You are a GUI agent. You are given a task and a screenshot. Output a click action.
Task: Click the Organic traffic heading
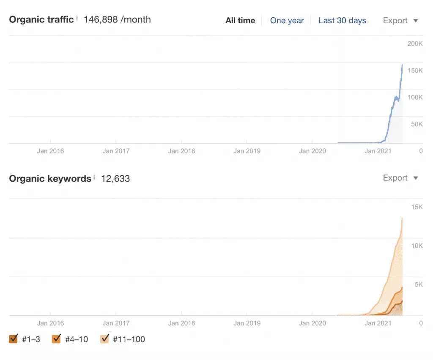coord(41,19)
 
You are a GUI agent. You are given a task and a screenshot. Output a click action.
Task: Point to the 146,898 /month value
coord(117,19)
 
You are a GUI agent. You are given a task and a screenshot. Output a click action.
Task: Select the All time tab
coord(240,20)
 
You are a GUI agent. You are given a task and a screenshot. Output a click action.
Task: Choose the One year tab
coord(287,20)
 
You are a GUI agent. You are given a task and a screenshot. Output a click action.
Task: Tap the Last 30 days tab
coord(342,20)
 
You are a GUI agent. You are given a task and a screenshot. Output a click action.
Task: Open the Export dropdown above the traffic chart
coord(400,20)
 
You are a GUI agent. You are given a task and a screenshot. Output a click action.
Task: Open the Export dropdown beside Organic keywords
coord(400,178)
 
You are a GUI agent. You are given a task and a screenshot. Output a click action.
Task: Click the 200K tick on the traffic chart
coord(415,44)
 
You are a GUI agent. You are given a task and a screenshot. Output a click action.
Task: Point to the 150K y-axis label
coord(415,71)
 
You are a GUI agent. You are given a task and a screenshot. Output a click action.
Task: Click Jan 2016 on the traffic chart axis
coord(50,151)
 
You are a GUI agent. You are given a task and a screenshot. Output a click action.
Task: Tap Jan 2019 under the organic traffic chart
coord(247,151)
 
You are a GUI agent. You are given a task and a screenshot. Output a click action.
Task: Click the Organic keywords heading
coord(50,179)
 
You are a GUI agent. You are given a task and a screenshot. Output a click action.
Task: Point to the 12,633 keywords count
coord(115,179)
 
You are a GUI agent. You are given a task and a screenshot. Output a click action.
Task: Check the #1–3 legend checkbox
coord(14,338)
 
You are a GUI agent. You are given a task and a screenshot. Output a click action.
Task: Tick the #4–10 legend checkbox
coord(56,338)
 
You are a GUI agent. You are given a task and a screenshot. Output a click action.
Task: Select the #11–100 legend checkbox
coord(104,338)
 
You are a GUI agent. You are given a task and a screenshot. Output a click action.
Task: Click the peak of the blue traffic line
coord(402,65)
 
